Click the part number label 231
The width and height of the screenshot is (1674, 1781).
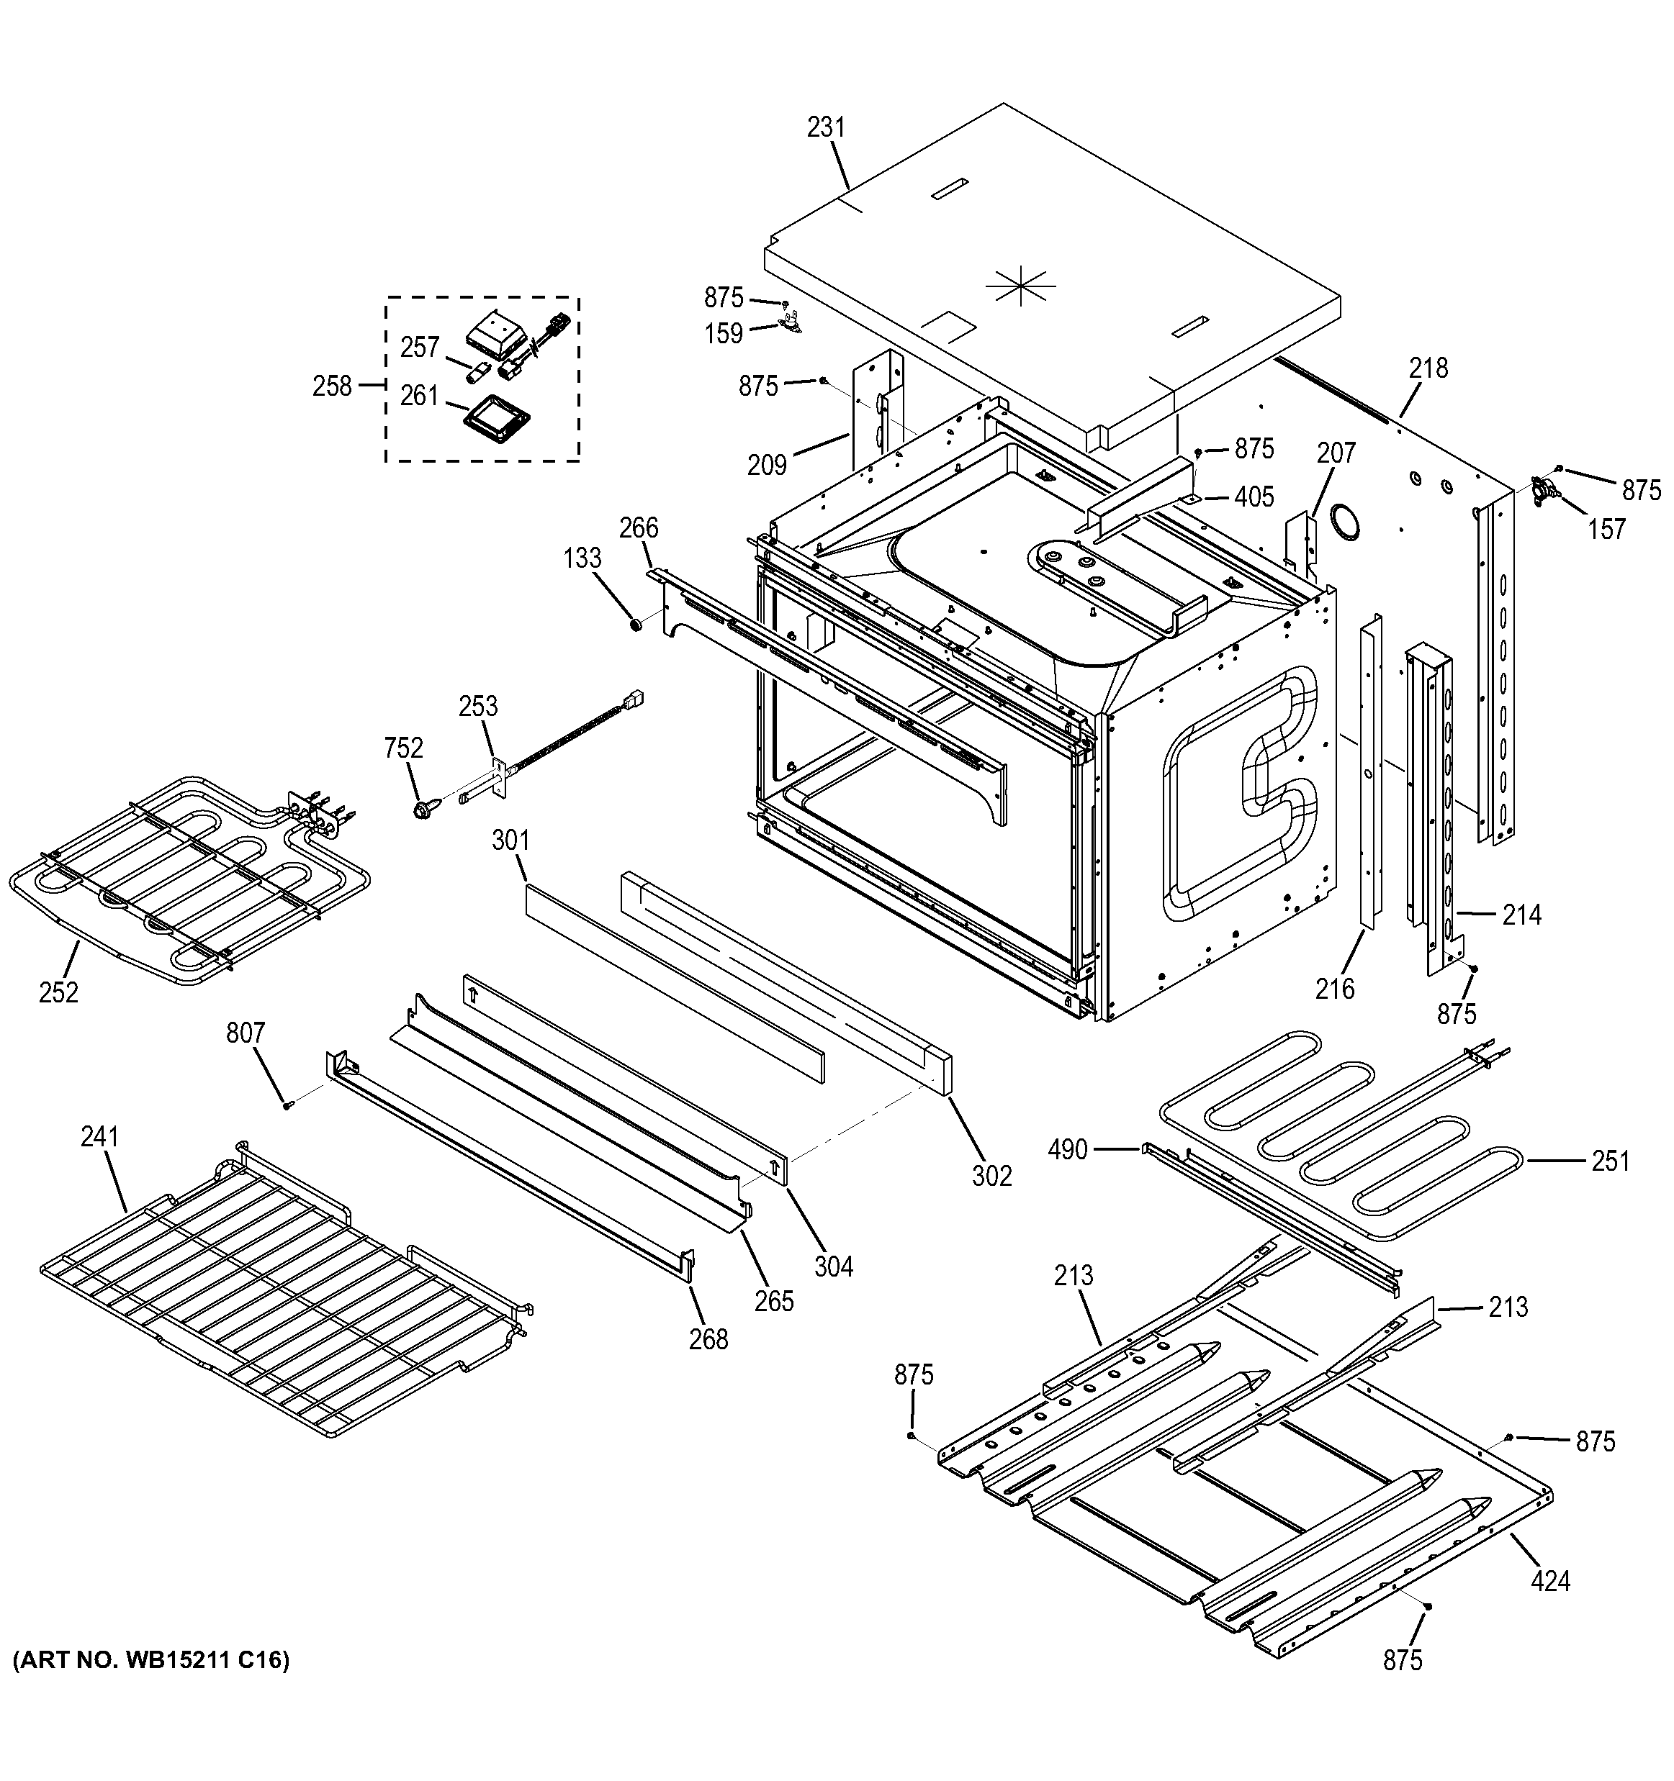click(825, 128)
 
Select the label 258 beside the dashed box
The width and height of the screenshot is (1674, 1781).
click(332, 387)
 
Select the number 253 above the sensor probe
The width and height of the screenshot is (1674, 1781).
click(477, 707)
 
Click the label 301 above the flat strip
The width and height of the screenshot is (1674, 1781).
click(510, 841)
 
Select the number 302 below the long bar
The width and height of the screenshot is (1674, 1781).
click(992, 1175)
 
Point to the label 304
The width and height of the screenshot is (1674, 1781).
click(834, 1266)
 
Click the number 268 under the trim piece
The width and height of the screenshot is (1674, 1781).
click(708, 1339)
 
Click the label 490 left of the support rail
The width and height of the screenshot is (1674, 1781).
click(1067, 1149)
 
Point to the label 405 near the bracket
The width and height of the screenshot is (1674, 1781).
click(1254, 497)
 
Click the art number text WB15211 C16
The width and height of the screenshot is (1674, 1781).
click(150, 1661)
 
